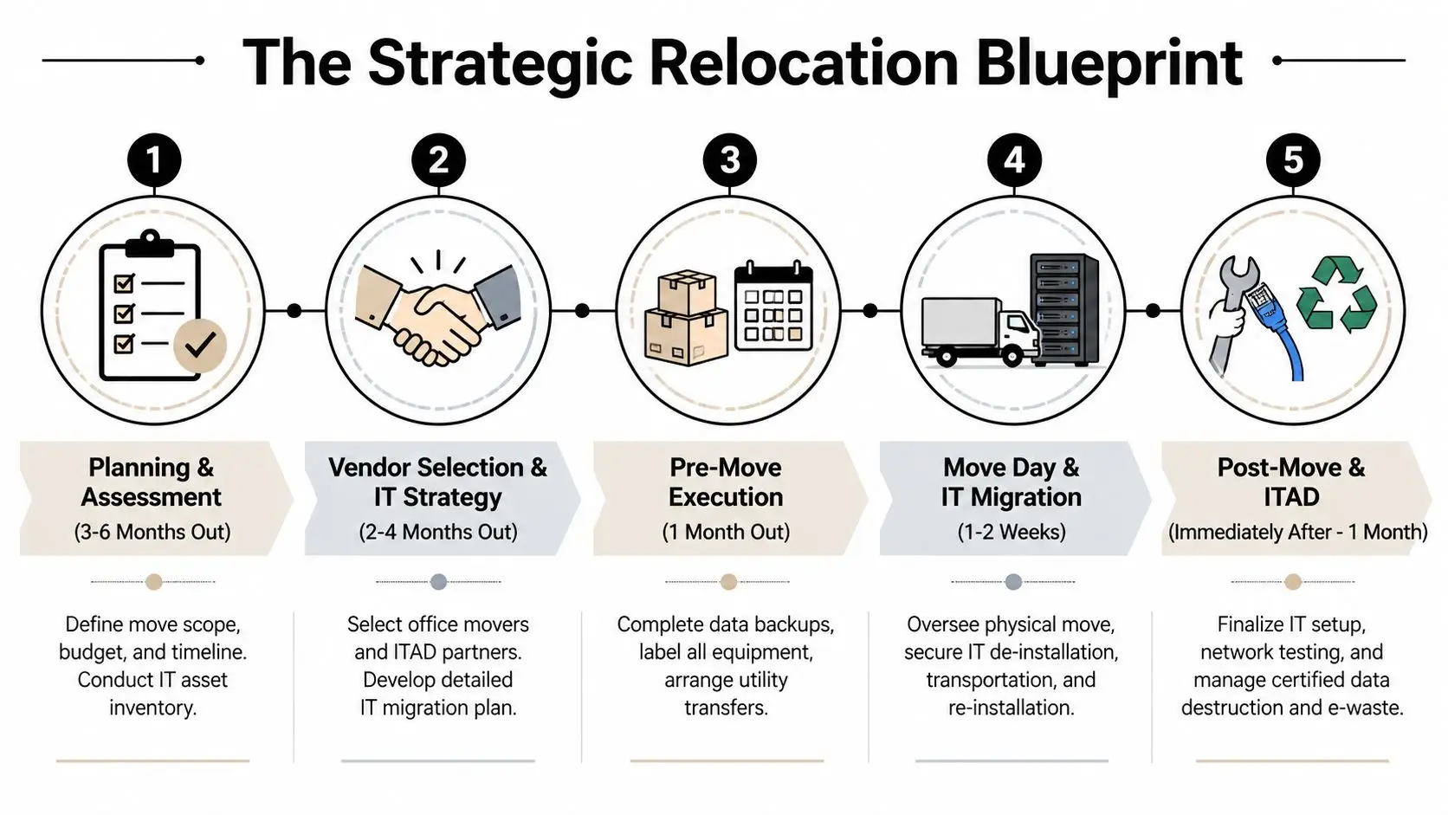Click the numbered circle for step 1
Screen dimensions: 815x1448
(153, 160)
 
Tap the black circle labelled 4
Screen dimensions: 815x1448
(1014, 160)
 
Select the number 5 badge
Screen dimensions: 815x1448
(1292, 160)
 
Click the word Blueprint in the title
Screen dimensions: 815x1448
(1109, 62)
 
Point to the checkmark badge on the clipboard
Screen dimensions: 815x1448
(200, 346)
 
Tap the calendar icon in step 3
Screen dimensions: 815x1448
(773, 307)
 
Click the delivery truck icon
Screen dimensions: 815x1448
(979, 332)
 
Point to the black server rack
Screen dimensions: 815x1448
(1064, 309)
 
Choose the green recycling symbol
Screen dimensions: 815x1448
(1336, 294)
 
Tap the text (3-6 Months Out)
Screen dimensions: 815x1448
(152, 532)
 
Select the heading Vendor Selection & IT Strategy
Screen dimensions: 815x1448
(438, 482)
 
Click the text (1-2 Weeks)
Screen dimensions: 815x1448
(1012, 532)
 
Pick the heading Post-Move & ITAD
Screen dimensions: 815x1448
(1291, 482)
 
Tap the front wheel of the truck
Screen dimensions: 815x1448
(1012, 355)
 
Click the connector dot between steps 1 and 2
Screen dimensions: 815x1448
(294, 310)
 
